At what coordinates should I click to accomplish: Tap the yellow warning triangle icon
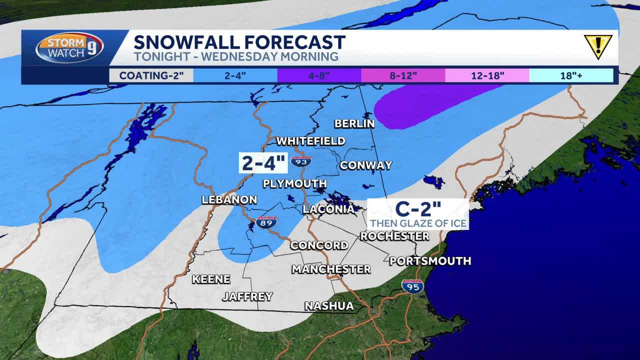tap(598, 46)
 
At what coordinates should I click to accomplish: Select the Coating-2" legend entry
tap(151, 75)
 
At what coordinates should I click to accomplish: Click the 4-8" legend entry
tap(319, 75)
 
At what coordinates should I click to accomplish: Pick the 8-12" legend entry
tap(403, 75)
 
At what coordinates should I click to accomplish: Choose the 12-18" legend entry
tap(487, 75)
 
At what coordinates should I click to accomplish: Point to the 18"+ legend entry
tap(571, 75)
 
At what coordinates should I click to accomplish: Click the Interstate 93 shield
tap(301, 161)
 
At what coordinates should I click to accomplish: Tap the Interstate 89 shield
tap(265, 222)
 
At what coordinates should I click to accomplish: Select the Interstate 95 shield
tap(412, 286)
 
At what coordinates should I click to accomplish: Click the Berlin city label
tap(354, 123)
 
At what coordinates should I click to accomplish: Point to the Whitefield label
tap(310, 141)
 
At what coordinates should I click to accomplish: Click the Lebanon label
tap(229, 199)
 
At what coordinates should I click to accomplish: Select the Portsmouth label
tap(430, 260)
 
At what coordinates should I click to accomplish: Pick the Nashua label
tap(329, 305)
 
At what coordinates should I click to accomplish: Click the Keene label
tap(211, 279)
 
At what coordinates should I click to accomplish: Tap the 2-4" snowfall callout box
tap(263, 163)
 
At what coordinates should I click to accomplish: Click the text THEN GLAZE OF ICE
tap(418, 223)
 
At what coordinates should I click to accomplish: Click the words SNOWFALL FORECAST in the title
tap(239, 42)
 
